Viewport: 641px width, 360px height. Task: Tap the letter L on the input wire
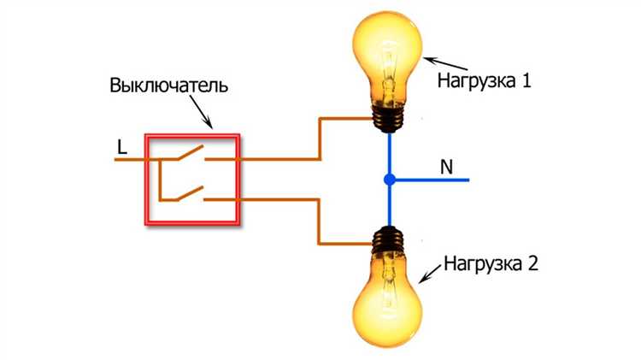click(x=122, y=147)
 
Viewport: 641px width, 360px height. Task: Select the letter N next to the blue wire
click(x=446, y=167)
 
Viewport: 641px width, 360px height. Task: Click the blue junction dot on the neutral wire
click(x=389, y=180)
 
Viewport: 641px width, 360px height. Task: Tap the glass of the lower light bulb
click(x=389, y=299)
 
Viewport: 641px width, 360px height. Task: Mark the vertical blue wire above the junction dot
click(x=389, y=154)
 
